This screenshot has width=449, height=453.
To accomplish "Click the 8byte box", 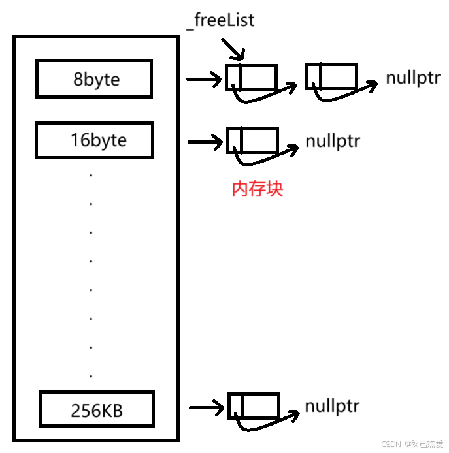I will point(94,79).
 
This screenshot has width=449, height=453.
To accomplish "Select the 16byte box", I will point(94,140).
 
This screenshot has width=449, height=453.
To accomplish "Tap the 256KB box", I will point(96,411).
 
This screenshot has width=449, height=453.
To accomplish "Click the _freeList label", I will point(220,21).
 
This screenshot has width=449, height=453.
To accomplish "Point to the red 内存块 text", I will point(258,189).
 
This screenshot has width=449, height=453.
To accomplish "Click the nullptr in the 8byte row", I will point(412,78).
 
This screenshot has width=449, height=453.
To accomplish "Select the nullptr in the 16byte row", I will point(332,140).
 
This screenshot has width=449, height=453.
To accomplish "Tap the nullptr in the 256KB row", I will point(332,407).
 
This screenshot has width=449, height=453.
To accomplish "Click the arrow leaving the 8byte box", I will point(204,80).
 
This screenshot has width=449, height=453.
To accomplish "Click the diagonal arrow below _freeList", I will point(232,48).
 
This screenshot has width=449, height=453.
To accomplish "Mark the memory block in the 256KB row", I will point(254,405).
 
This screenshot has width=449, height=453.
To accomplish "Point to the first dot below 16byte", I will point(91,175).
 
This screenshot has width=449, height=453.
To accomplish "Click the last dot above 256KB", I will point(91,376).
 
